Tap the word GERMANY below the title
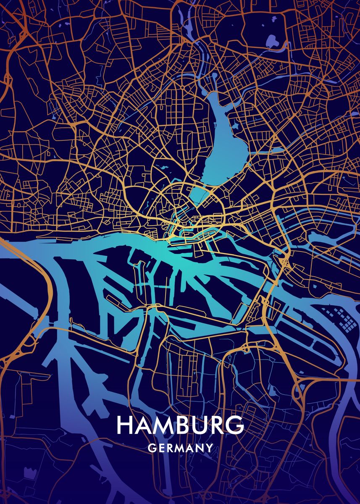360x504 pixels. pos(180,448)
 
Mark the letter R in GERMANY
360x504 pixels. pos(170,448)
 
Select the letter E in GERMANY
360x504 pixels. pos(161,448)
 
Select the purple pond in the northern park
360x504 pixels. pos(272,41)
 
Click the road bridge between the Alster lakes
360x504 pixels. pos(203,185)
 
